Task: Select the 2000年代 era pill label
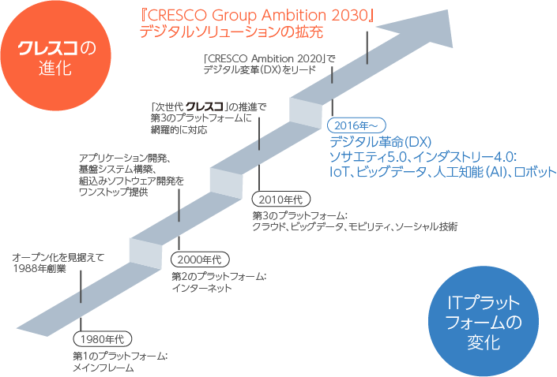tap(201, 259)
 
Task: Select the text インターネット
tap(202, 289)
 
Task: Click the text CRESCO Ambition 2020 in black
tap(269, 57)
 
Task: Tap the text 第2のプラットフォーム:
tap(219, 276)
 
